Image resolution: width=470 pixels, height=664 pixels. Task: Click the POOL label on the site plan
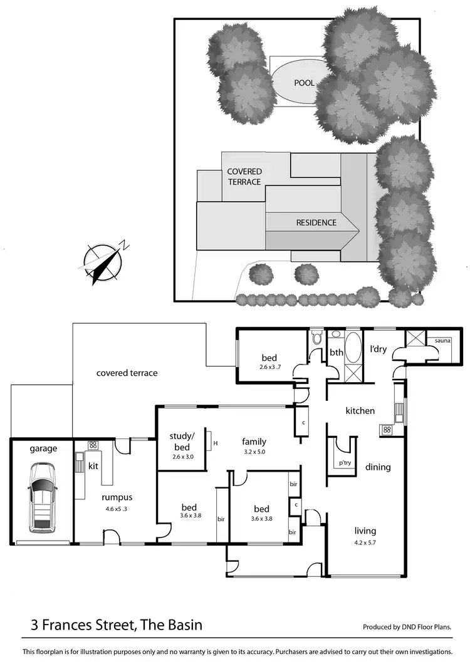click(x=305, y=83)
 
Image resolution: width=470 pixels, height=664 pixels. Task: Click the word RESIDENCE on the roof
click(x=316, y=222)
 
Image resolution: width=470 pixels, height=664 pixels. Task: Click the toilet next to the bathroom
click(x=317, y=339)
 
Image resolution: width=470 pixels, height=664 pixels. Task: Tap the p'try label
click(x=345, y=463)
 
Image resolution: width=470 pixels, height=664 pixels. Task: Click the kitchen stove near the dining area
click(x=387, y=430)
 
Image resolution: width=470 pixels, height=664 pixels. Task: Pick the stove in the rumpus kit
click(x=92, y=445)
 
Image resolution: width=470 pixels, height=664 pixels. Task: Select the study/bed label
click(x=184, y=441)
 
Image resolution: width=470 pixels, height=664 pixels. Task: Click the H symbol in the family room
click(x=215, y=444)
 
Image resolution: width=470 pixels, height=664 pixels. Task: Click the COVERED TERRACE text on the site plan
click(x=244, y=176)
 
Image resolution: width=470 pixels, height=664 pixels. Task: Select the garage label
click(x=43, y=448)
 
